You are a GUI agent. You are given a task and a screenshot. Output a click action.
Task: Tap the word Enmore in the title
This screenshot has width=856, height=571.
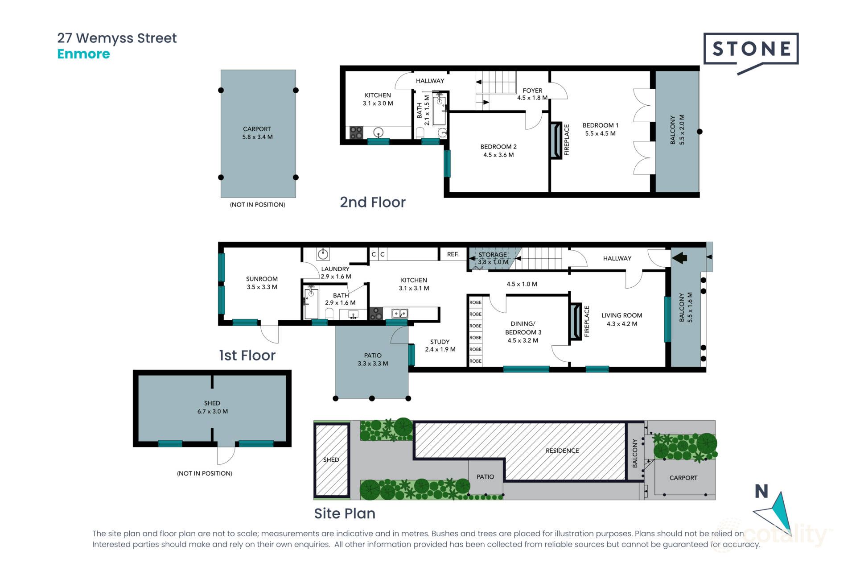click(x=83, y=54)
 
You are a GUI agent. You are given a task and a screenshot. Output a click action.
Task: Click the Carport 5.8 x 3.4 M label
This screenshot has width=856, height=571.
click(x=257, y=133)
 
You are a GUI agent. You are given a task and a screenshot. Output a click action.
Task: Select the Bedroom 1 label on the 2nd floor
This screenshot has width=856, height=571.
click(x=600, y=129)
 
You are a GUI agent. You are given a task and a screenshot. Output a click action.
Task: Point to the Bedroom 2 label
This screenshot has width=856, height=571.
click(x=498, y=151)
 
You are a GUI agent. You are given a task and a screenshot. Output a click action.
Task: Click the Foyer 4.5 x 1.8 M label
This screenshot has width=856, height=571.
click(x=532, y=94)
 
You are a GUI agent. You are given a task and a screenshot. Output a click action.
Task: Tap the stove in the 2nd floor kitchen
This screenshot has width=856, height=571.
click(x=356, y=132)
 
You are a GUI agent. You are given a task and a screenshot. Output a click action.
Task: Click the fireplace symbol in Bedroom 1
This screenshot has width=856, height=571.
click(x=556, y=141)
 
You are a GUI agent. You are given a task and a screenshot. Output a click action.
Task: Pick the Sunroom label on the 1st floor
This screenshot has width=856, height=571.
click(x=262, y=283)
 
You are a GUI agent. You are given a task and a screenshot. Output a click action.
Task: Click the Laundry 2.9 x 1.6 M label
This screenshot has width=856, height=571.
click(x=336, y=273)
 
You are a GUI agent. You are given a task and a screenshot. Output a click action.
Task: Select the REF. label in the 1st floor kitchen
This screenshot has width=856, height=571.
click(x=453, y=254)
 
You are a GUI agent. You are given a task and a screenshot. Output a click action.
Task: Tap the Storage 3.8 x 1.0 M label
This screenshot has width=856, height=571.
click(x=493, y=258)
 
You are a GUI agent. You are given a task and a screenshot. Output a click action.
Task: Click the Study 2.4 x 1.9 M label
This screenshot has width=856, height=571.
click(x=440, y=346)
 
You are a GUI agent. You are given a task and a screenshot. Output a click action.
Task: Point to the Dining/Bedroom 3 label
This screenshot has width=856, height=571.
click(x=523, y=332)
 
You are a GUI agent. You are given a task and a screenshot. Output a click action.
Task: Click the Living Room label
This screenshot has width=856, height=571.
click(x=622, y=319)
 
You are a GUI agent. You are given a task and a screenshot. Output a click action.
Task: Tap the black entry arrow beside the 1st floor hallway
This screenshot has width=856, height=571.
click(x=679, y=258)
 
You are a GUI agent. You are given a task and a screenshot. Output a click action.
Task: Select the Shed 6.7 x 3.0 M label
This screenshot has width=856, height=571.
click(x=212, y=407)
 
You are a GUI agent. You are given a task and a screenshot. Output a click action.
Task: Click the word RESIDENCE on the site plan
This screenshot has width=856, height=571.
click(x=562, y=451)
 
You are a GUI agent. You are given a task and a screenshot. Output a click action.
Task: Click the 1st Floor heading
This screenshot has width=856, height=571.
click(x=247, y=356)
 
